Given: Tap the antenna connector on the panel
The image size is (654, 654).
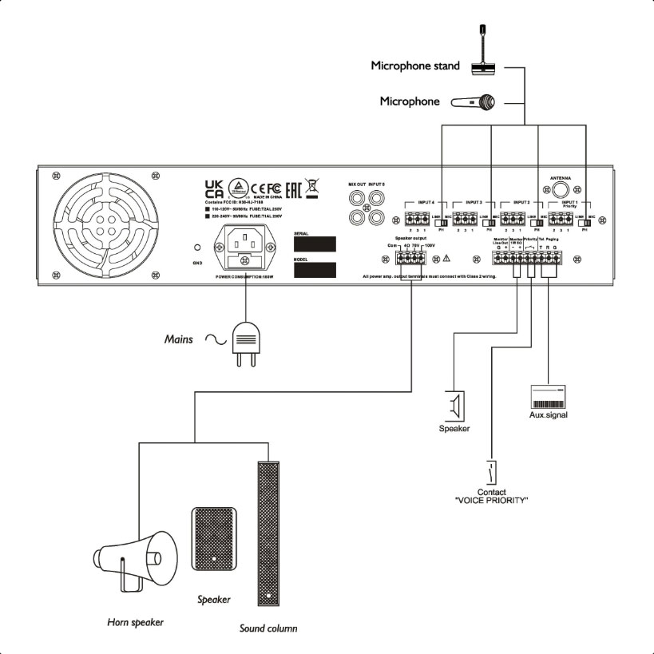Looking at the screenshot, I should click(x=557, y=191).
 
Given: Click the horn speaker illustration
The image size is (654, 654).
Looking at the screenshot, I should click(x=134, y=560).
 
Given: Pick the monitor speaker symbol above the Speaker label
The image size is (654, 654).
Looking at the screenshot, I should click(x=454, y=406).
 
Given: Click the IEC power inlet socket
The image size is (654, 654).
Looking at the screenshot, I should click(x=246, y=246).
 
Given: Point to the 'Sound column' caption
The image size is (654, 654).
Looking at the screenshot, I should click(x=268, y=628).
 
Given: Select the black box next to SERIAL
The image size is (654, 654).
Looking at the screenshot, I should click(x=313, y=244).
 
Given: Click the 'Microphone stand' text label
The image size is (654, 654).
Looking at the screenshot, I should click(x=414, y=65).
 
